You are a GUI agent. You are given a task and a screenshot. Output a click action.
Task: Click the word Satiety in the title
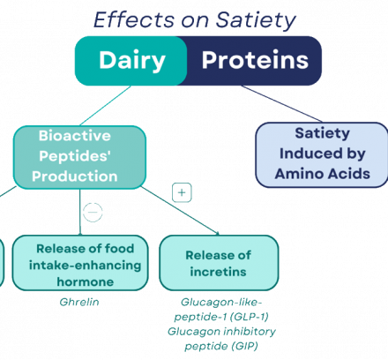pos(256,20)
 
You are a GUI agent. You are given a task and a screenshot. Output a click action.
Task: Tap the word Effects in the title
pos(134,19)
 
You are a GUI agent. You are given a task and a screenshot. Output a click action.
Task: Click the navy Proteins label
pos(255,60)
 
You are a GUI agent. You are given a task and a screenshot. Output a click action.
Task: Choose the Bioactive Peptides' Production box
pos(79,157)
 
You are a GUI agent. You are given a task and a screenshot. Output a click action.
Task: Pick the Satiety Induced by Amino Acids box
pos(322,154)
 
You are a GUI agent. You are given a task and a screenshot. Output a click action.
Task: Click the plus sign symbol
pos(182,192)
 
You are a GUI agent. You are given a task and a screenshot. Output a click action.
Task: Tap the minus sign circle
pos(93,212)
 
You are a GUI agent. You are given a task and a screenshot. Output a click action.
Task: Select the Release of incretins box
pos(219,263)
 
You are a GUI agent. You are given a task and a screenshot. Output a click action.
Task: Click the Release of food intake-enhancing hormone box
pos(80,263)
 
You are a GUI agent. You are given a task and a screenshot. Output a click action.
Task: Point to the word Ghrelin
pos(79,302)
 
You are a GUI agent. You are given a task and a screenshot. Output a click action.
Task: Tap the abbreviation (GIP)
pos(244,346)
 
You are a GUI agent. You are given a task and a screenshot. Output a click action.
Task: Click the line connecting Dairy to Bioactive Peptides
pos(105,106)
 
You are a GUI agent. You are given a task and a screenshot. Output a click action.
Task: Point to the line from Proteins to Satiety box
pos(281,103)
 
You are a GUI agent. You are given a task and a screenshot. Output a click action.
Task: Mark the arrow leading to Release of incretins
pos(180,211)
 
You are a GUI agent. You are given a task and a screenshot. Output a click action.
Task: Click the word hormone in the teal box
pos(86,281)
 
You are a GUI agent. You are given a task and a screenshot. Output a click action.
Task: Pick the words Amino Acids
pos(323,174)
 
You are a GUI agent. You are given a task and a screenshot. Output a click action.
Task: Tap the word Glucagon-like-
pos(221,302)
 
